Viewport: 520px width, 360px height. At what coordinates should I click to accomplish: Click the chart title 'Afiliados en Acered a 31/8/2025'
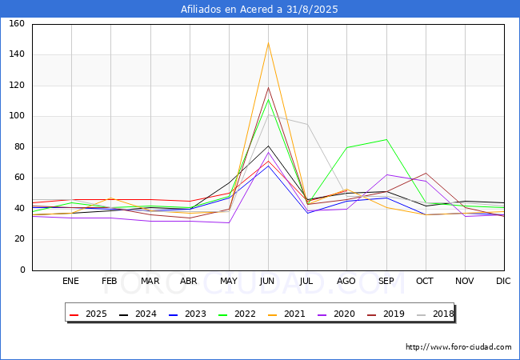coord(259,9)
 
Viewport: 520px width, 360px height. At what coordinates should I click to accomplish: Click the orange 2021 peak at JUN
coord(268,42)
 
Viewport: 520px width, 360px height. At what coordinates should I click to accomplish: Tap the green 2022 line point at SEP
coord(386,139)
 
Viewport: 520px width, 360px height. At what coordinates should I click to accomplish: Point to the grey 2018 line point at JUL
coord(307,124)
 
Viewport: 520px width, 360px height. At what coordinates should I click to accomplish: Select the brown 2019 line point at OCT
coord(426,173)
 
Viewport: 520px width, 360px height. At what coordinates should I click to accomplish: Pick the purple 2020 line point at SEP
coord(386,174)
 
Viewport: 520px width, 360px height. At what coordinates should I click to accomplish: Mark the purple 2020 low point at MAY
coord(229,222)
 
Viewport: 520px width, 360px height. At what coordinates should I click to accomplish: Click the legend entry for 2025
coord(88,314)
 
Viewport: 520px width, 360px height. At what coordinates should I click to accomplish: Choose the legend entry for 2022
coord(237,314)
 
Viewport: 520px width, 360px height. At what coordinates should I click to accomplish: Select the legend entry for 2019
coord(386,314)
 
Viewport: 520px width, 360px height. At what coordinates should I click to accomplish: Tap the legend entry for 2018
coord(435,314)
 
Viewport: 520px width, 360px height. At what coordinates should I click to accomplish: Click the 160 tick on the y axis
coord(17,23)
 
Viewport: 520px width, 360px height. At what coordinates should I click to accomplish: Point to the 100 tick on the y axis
coord(17,116)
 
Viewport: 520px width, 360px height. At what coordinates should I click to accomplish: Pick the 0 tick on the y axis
coord(22,270)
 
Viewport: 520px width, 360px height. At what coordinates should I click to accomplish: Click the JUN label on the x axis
coord(267,281)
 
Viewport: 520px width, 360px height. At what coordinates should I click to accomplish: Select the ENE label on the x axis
coord(70,281)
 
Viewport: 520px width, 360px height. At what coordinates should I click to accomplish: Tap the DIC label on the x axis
coord(503,281)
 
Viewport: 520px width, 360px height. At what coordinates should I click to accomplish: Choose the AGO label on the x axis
coord(346,281)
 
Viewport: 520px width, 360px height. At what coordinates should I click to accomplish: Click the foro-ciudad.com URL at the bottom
coord(458,347)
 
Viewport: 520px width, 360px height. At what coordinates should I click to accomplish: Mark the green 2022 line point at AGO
coord(347,147)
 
